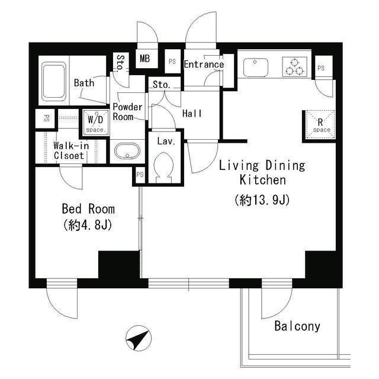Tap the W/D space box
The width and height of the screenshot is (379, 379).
[x=95, y=121]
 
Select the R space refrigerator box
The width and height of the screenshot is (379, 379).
[x=320, y=126]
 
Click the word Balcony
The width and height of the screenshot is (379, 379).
[x=297, y=326]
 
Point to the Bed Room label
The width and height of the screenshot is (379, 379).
[x=88, y=209]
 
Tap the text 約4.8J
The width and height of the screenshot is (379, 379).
[x=88, y=226]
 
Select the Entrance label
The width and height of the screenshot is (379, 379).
[x=204, y=65]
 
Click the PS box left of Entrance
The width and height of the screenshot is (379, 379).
[x=172, y=62]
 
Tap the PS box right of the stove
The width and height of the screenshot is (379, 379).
[x=322, y=68]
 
